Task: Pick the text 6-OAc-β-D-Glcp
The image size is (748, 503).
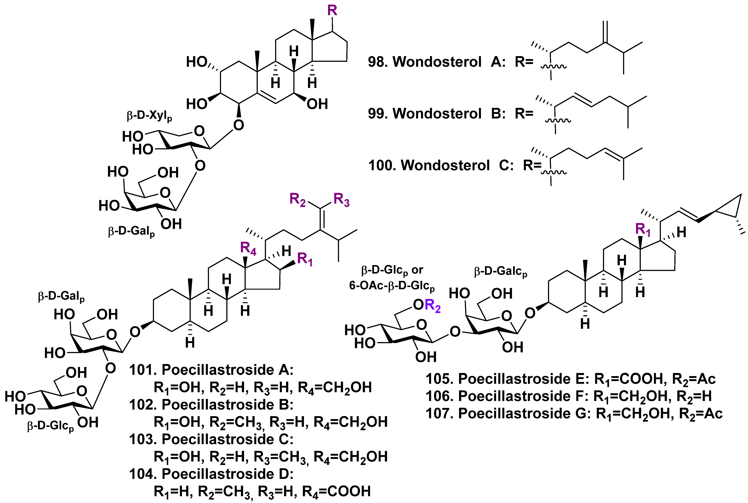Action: [392, 285]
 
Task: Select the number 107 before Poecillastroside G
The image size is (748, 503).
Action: [438, 414]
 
